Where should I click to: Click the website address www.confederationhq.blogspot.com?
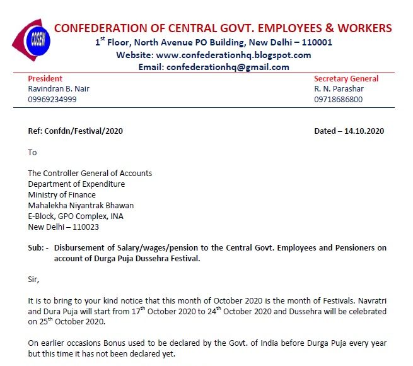point(233,55)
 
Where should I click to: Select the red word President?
point(45,79)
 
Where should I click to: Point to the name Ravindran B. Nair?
point(59,89)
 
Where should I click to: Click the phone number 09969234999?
point(52,99)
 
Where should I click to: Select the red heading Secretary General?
point(346,79)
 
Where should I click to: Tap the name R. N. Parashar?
point(339,89)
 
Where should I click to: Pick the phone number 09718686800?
point(338,99)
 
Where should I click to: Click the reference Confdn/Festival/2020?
point(83,131)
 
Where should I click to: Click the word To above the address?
point(33,152)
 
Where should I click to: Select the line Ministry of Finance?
point(62,194)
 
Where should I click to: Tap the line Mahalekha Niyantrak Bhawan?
point(81,205)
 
